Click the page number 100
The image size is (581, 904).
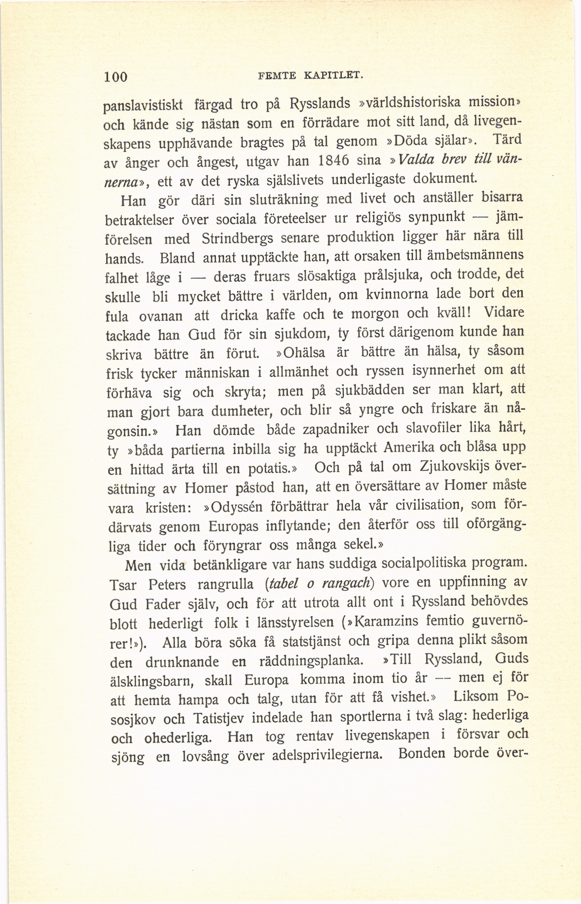116,76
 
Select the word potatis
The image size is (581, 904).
268,469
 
